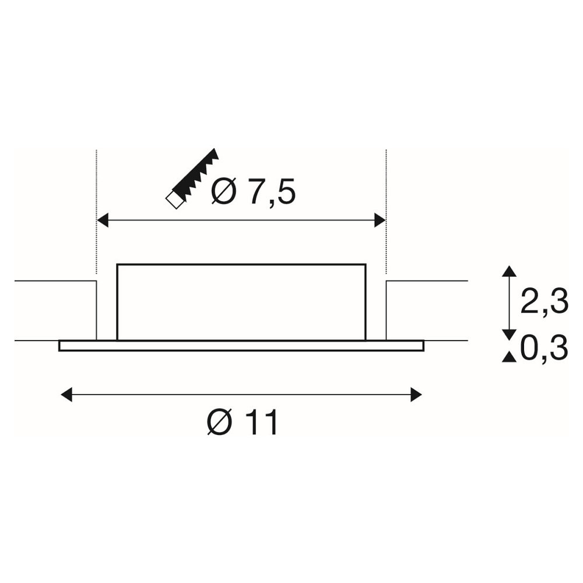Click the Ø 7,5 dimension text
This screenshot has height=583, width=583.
[253, 191]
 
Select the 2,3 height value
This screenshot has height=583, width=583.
[545, 300]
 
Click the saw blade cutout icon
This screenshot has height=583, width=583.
[192, 178]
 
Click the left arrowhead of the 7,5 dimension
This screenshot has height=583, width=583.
[102, 220]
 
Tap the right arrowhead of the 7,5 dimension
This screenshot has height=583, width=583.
[380, 220]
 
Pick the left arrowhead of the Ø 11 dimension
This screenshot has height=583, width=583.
[66, 395]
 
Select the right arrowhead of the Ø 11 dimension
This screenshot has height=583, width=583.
[416, 395]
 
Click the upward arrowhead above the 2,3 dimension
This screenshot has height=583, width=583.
[509, 271]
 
